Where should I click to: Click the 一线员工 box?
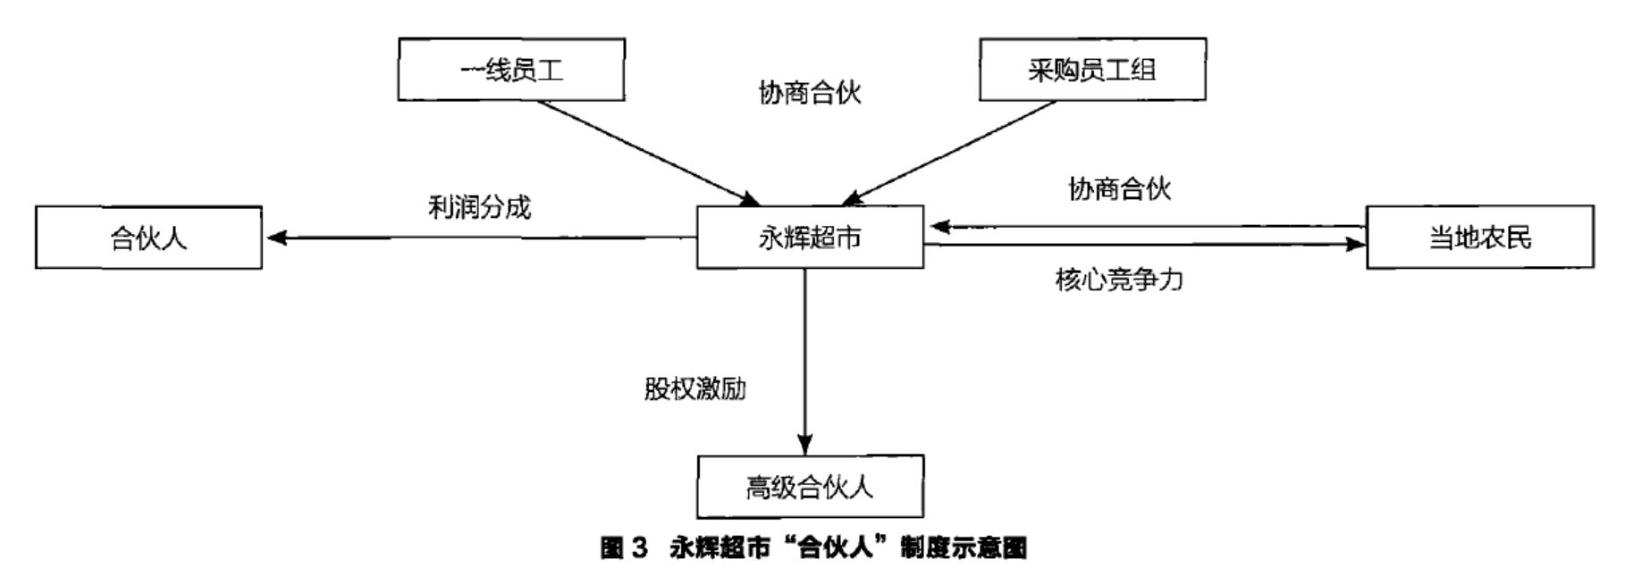tap(511, 70)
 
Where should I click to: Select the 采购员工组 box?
tap(1092, 70)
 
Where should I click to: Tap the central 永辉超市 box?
tap(810, 238)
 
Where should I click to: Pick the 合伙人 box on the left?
tap(148, 238)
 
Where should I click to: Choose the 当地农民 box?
tap(1479, 238)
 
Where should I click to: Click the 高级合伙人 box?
tap(810, 487)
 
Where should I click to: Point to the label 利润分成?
tap(479, 207)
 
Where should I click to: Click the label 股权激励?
tap(694, 388)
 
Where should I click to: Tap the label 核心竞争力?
tap(1119, 280)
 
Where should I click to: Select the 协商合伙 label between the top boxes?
tap(810, 92)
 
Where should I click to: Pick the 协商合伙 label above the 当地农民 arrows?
tap(1119, 188)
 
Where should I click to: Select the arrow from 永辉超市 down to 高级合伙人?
tap(805, 357)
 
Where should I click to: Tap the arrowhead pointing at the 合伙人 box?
tap(276, 238)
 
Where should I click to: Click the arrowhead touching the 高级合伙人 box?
tap(805, 444)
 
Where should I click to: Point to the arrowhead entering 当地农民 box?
tap(1356, 244)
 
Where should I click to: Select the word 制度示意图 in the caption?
tap(964, 547)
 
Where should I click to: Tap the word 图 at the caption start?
tap(611, 547)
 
